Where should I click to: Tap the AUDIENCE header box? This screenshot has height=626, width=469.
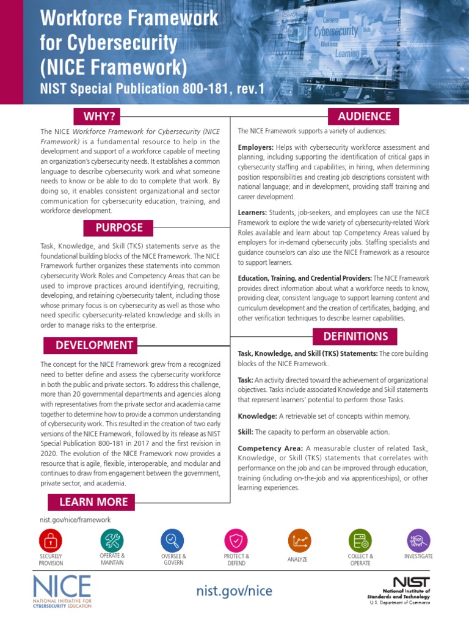pos(365,116)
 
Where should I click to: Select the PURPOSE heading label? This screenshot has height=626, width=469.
pos(119,228)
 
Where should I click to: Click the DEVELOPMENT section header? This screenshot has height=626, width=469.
pos(94,345)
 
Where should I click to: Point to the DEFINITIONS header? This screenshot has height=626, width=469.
pos(355,336)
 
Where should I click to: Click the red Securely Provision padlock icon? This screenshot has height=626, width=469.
pos(50,540)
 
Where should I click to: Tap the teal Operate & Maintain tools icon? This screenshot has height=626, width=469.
pos(112,540)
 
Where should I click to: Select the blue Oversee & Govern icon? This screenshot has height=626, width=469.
pos(172,540)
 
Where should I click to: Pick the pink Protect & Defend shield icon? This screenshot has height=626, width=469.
pos(236,540)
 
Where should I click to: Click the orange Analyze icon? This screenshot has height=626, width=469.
pos(299,540)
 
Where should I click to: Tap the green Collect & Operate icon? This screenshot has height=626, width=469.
pos(360,540)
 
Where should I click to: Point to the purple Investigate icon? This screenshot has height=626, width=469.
pos(418,540)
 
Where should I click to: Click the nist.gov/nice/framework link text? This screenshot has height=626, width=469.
pos(75,520)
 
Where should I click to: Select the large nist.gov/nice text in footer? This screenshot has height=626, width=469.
pos(234,591)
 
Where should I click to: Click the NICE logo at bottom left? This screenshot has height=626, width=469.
pos(62,590)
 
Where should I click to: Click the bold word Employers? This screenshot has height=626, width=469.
pos(255,147)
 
